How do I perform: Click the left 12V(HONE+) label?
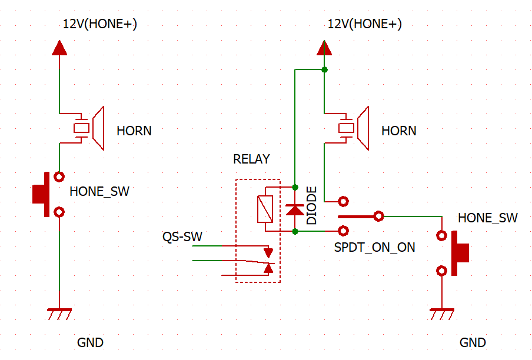[100, 24]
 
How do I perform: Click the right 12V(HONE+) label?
[365, 24]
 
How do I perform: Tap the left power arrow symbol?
[59, 48]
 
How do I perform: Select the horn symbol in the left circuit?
[89, 128]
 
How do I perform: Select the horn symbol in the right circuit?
[354, 128]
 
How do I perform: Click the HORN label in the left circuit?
[134, 131]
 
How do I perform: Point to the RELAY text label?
[251, 159]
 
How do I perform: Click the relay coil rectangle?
[265, 209]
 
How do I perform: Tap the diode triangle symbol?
[295, 210]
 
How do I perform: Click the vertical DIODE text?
[311, 205]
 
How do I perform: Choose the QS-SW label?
[182, 236]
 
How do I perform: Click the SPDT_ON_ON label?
[374, 248]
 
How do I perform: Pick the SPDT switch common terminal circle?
[378, 216]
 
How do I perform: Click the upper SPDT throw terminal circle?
[343, 201]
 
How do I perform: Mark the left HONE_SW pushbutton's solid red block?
[41, 194]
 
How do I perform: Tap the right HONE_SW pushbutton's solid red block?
[460, 253]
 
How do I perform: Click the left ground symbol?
[59, 314]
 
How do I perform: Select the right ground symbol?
[442, 314]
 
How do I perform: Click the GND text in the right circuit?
[473, 343]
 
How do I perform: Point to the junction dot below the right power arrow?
[324, 70]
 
